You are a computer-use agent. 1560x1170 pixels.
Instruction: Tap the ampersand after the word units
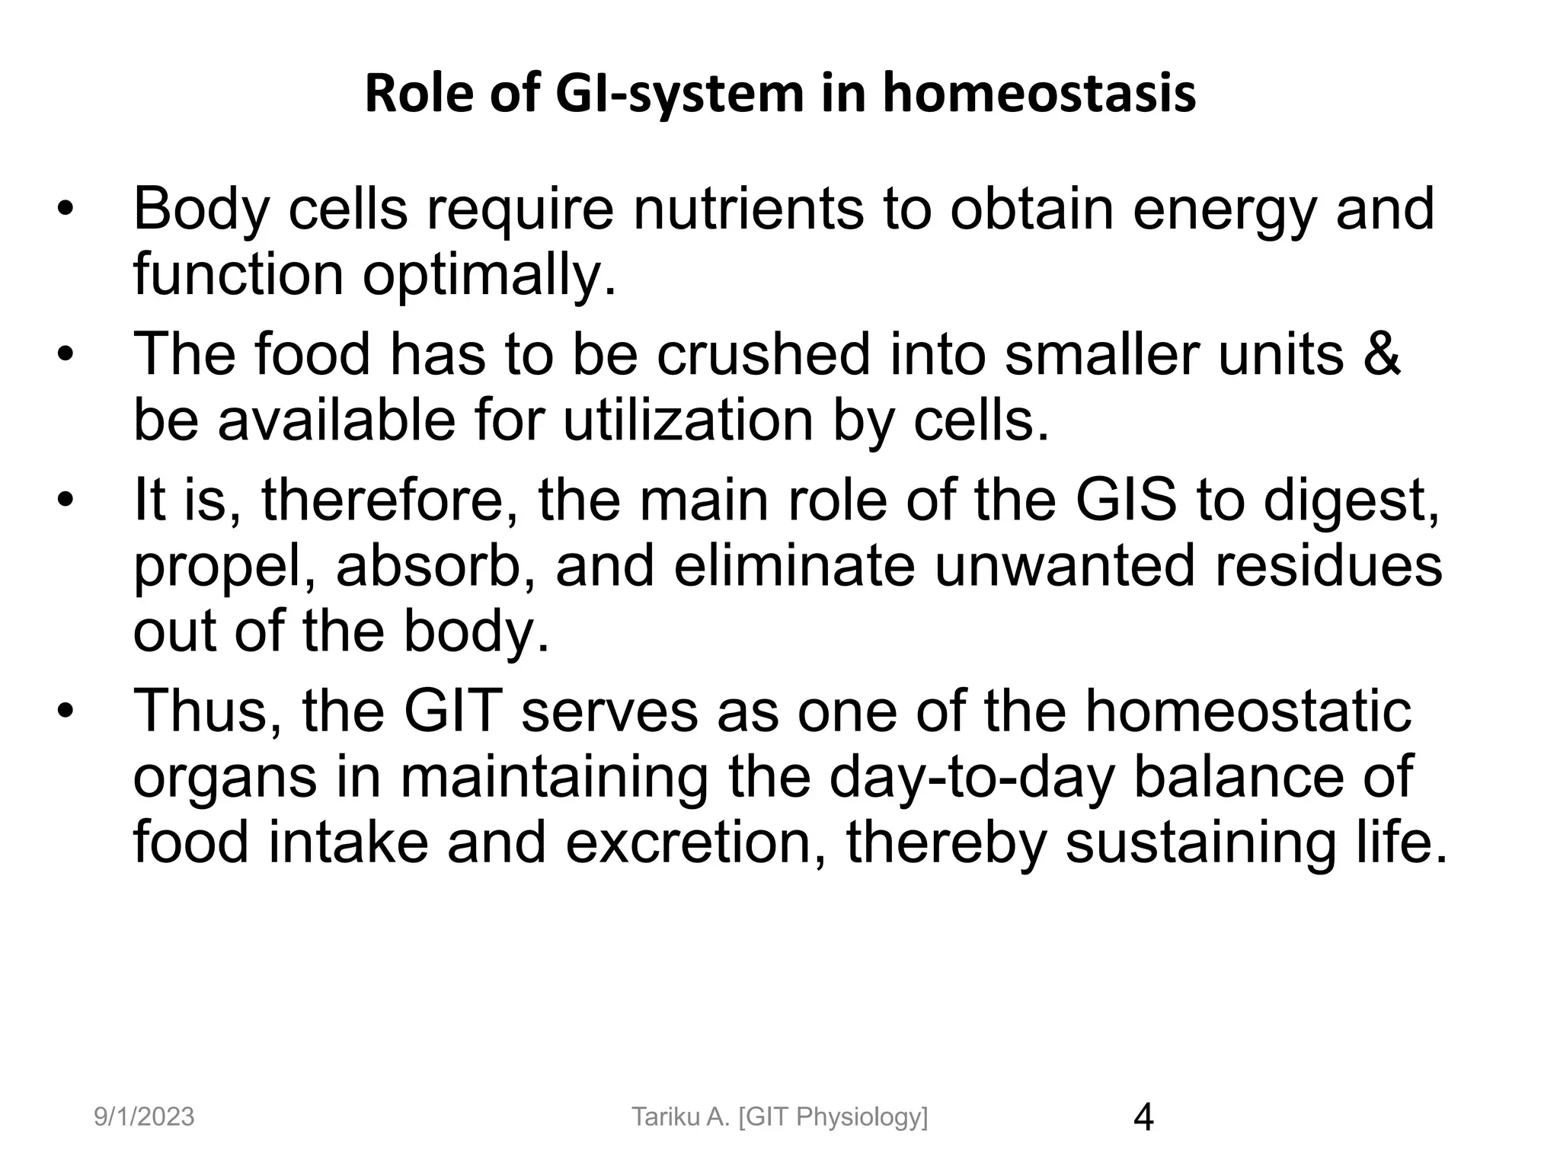tap(1380, 354)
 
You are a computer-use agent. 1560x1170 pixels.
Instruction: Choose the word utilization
tap(689, 420)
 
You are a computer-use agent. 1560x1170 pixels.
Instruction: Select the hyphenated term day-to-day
tap(971, 777)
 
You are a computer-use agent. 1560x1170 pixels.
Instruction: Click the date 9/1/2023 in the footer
tap(144, 1117)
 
